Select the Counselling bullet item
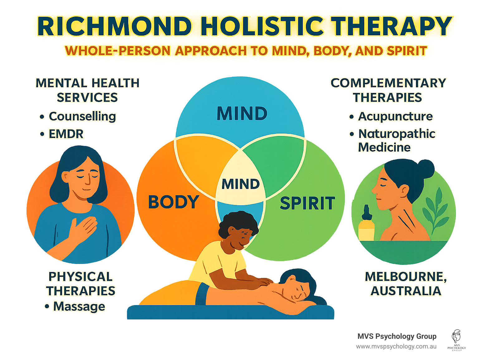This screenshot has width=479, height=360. [82, 116]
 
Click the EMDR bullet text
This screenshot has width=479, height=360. [66, 134]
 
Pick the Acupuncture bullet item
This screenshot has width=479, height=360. [395, 116]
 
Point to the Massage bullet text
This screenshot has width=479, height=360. [79, 306]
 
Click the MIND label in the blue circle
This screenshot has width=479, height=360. [242, 114]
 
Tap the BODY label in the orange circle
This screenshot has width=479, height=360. [173, 202]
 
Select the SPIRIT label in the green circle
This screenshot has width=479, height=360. [307, 203]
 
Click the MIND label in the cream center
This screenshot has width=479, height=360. [240, 184]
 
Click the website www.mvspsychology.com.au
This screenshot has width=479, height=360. [396, 347]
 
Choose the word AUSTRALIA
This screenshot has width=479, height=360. [406, 291]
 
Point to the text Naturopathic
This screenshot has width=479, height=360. [397, 134]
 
